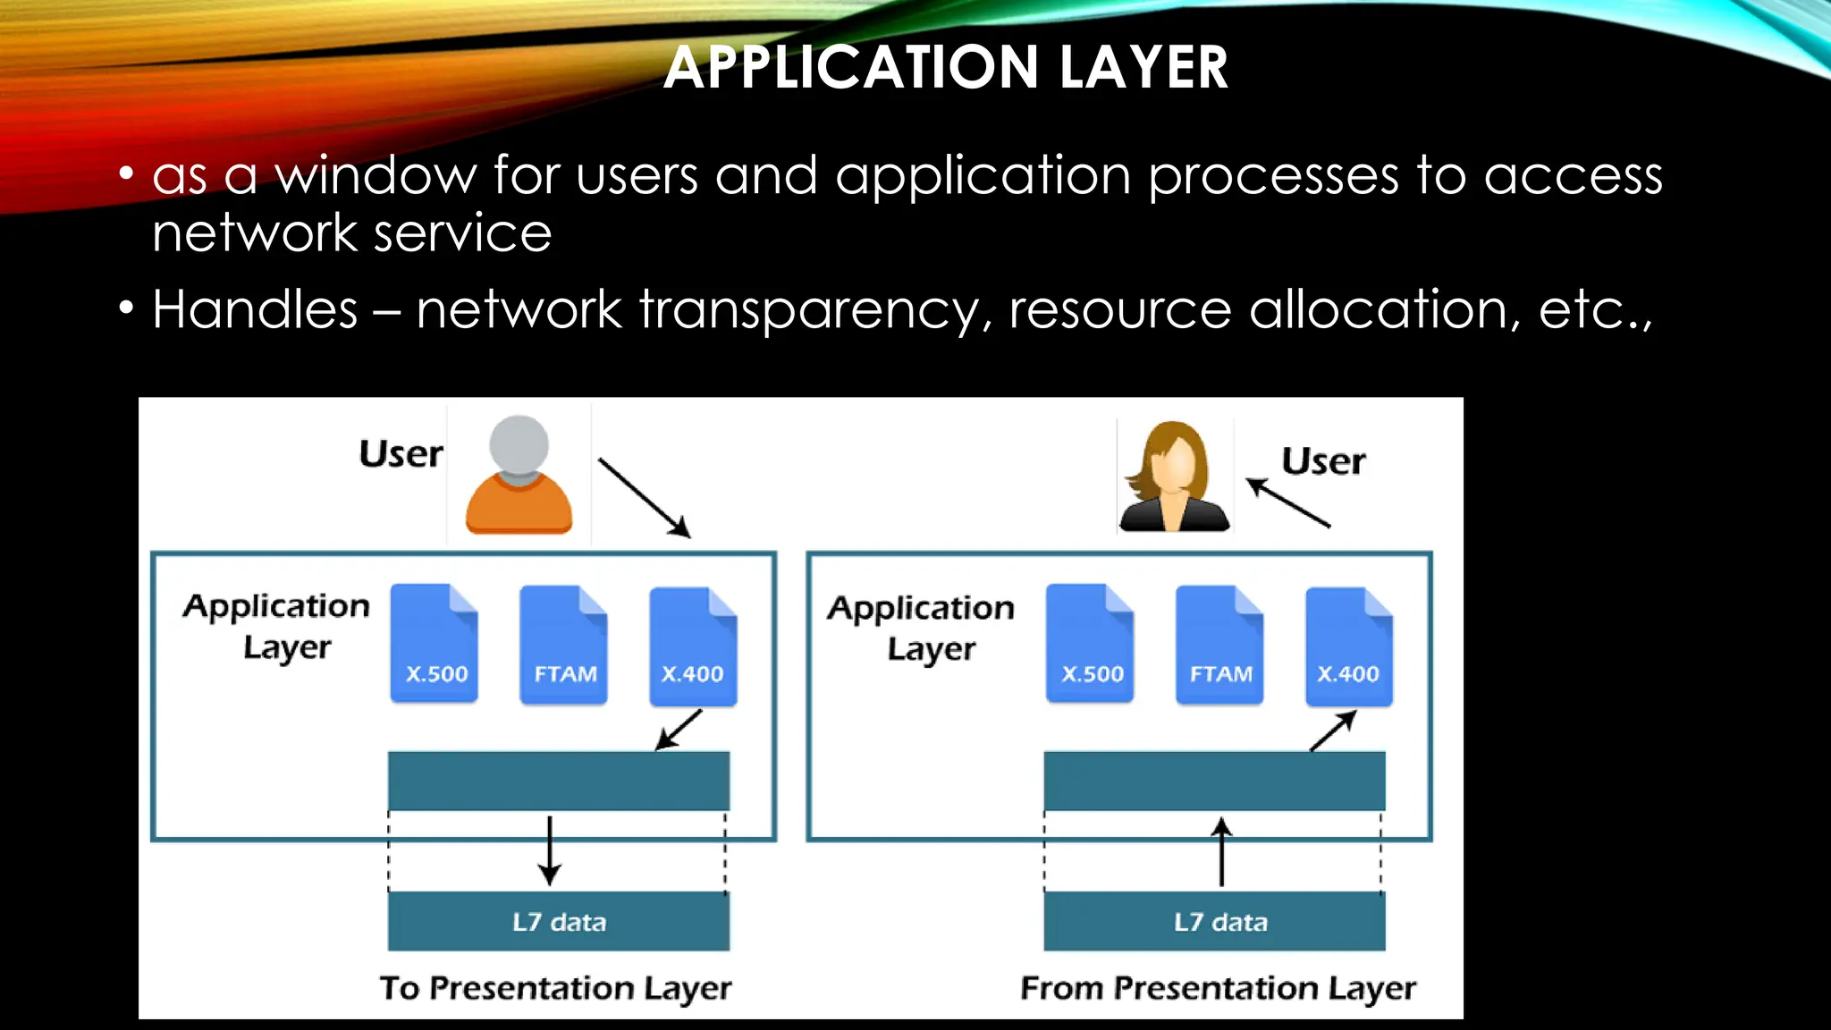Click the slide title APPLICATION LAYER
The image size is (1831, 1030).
[946, 68]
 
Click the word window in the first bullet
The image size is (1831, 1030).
[375, 175]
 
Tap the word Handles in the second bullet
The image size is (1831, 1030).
[255, 310]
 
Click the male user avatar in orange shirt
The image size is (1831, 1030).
[519, 475]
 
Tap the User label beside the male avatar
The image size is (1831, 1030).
[401, 454]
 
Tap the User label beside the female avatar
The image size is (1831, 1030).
[1323, 461]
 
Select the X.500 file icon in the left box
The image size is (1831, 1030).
[435, 644]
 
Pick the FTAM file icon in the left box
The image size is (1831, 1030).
[564, 645]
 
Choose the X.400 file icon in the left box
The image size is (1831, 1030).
[693, 646]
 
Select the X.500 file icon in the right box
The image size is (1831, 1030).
[1090, 644]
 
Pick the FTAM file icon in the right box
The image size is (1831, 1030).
[1219, 645]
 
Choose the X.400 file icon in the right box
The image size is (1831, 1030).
[1348, 646]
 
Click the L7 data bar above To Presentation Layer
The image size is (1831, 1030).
[559, 921]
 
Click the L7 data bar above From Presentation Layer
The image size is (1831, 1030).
[1214, 921]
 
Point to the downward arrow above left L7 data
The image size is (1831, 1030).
[550, 849]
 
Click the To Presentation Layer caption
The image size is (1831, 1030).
[555, 988]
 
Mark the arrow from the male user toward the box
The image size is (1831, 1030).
[644, 497]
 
